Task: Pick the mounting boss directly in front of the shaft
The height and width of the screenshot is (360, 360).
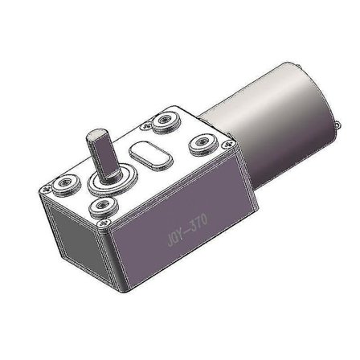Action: [x=102, y=208]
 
